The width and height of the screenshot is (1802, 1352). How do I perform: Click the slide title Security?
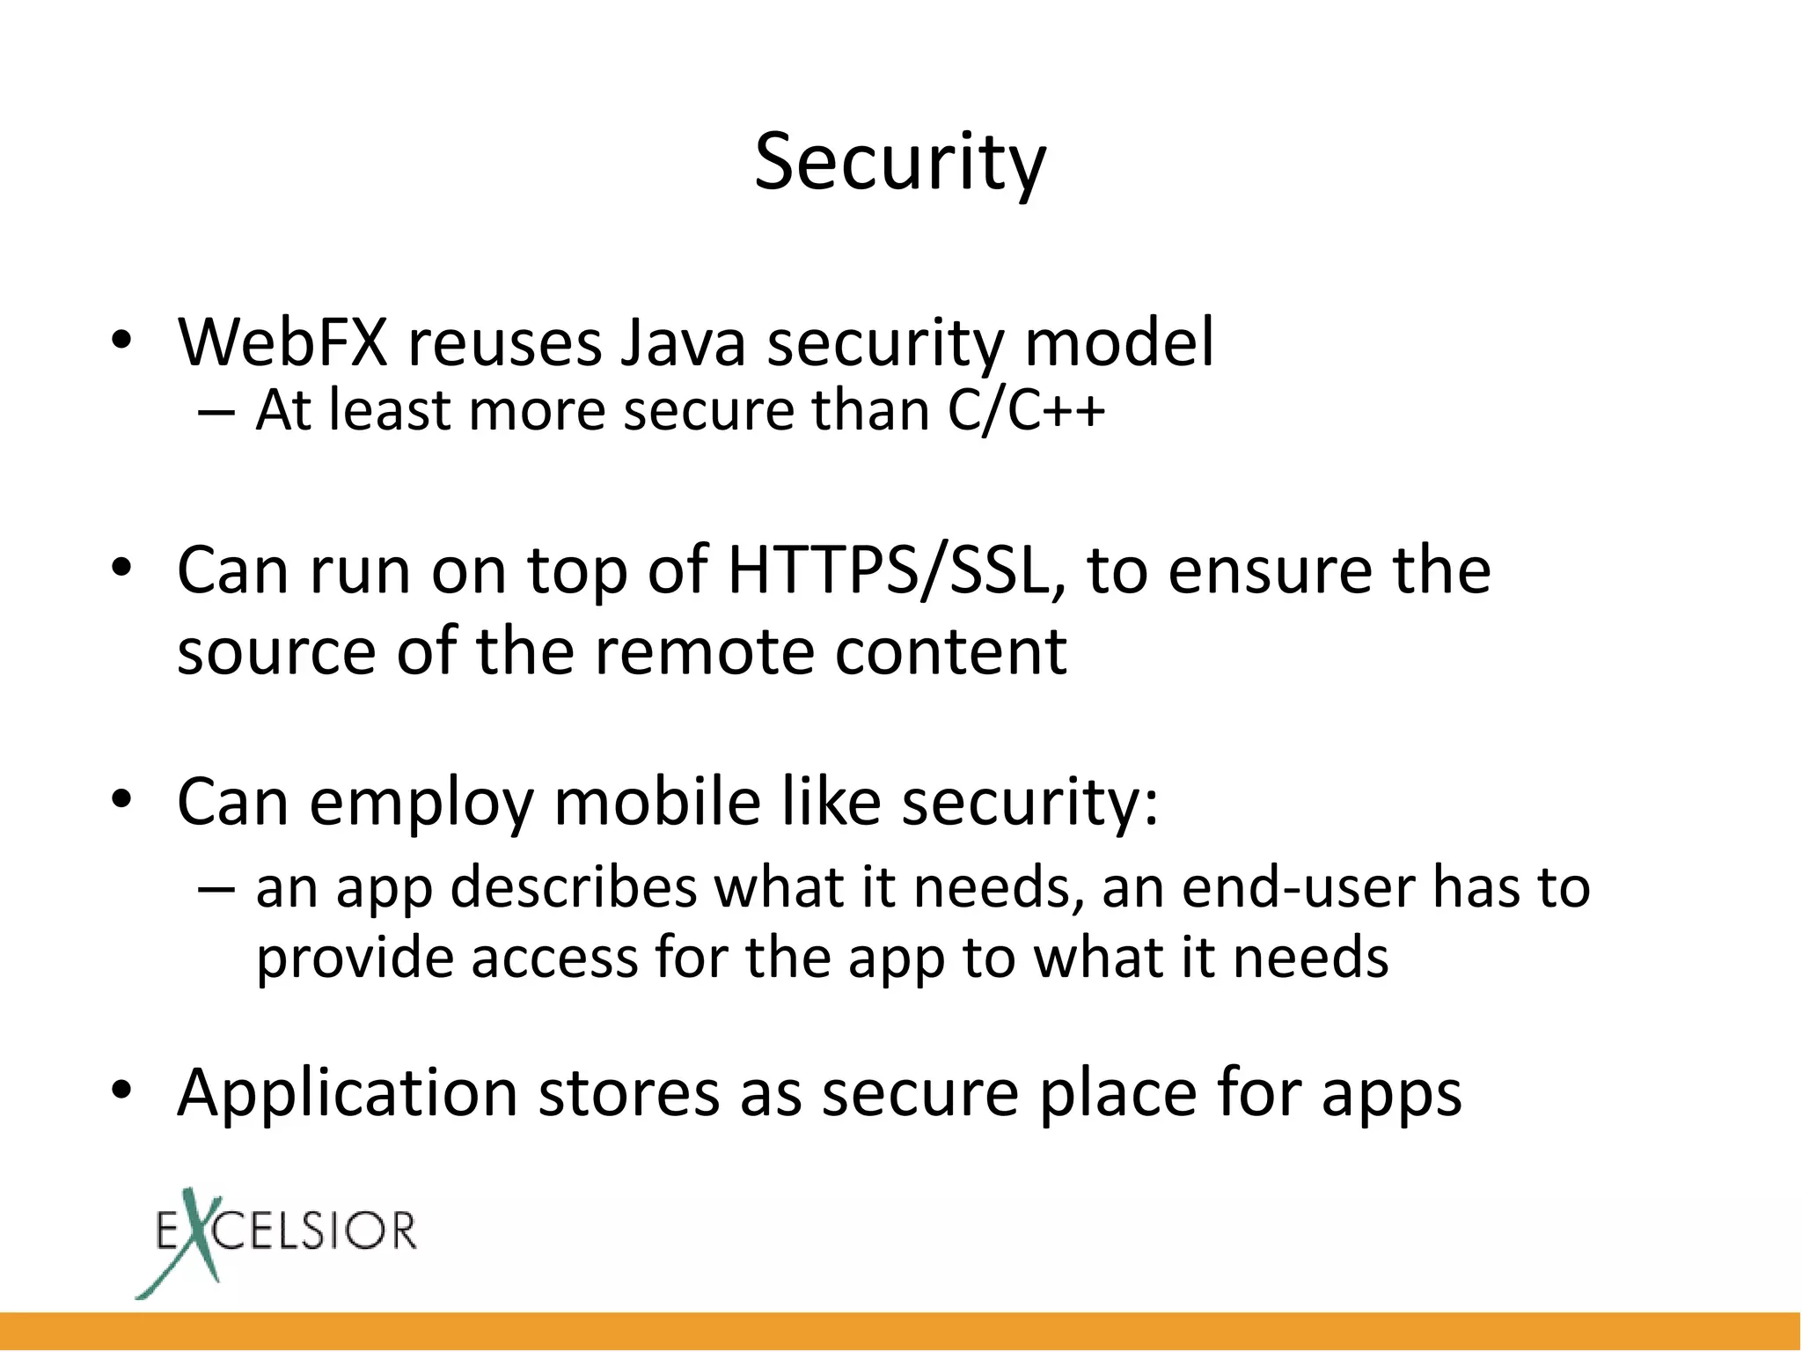pos(900,163)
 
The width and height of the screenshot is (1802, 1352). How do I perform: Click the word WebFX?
pos(282,342)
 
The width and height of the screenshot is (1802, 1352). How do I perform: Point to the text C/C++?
pos(1026,410)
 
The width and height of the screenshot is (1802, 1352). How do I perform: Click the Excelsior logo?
pos(276,1241)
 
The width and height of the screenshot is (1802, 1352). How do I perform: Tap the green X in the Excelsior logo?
pos(190,1241)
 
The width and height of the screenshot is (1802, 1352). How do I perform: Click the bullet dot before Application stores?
pos(121,1091)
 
